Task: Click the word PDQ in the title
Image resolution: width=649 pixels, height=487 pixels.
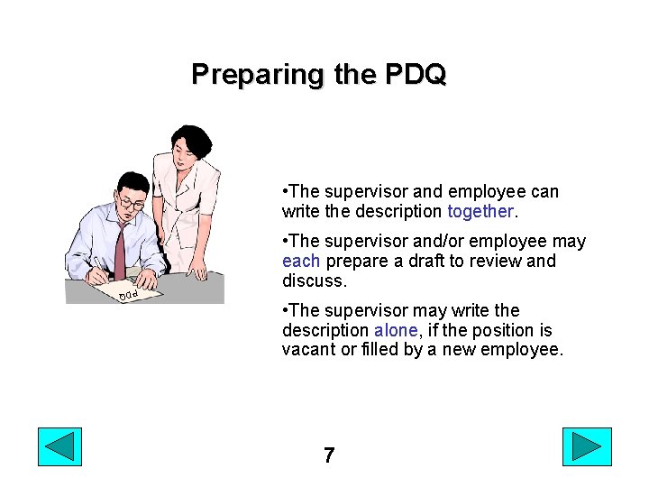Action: pyautogui.click(x=414, y=73)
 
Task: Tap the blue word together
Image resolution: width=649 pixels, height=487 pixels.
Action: pyautogui.click(x=480, y=211)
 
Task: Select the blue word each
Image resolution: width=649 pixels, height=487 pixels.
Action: pyautogui.click(x=300, y=261)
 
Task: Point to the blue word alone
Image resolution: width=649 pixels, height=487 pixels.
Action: pyautogui.click(x=396, y=330)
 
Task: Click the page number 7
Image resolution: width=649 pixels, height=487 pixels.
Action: pyautogui.click(x=329, y=455)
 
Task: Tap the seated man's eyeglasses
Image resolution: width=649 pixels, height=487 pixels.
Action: pyautogui.click(x=132, y=204)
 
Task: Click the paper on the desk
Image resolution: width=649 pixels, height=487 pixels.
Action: pyautogui.click(x=135, y=290)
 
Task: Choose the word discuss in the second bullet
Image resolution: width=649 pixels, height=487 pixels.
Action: pyautogui.click(x=315, y=280)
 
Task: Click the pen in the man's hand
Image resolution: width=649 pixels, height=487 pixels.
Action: pyautogui.click(x=98, y=263)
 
